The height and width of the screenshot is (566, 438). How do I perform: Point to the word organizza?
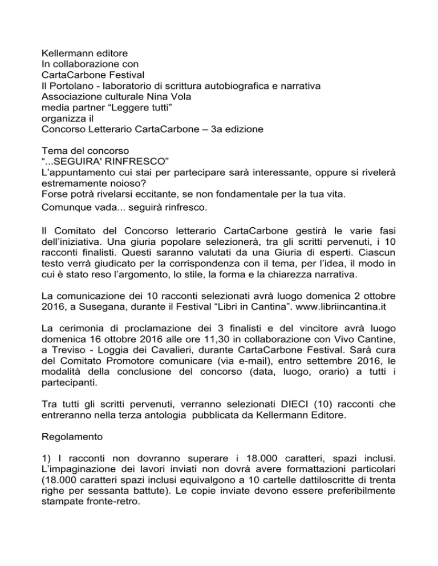pyautogui.click(x=66, y=119)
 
